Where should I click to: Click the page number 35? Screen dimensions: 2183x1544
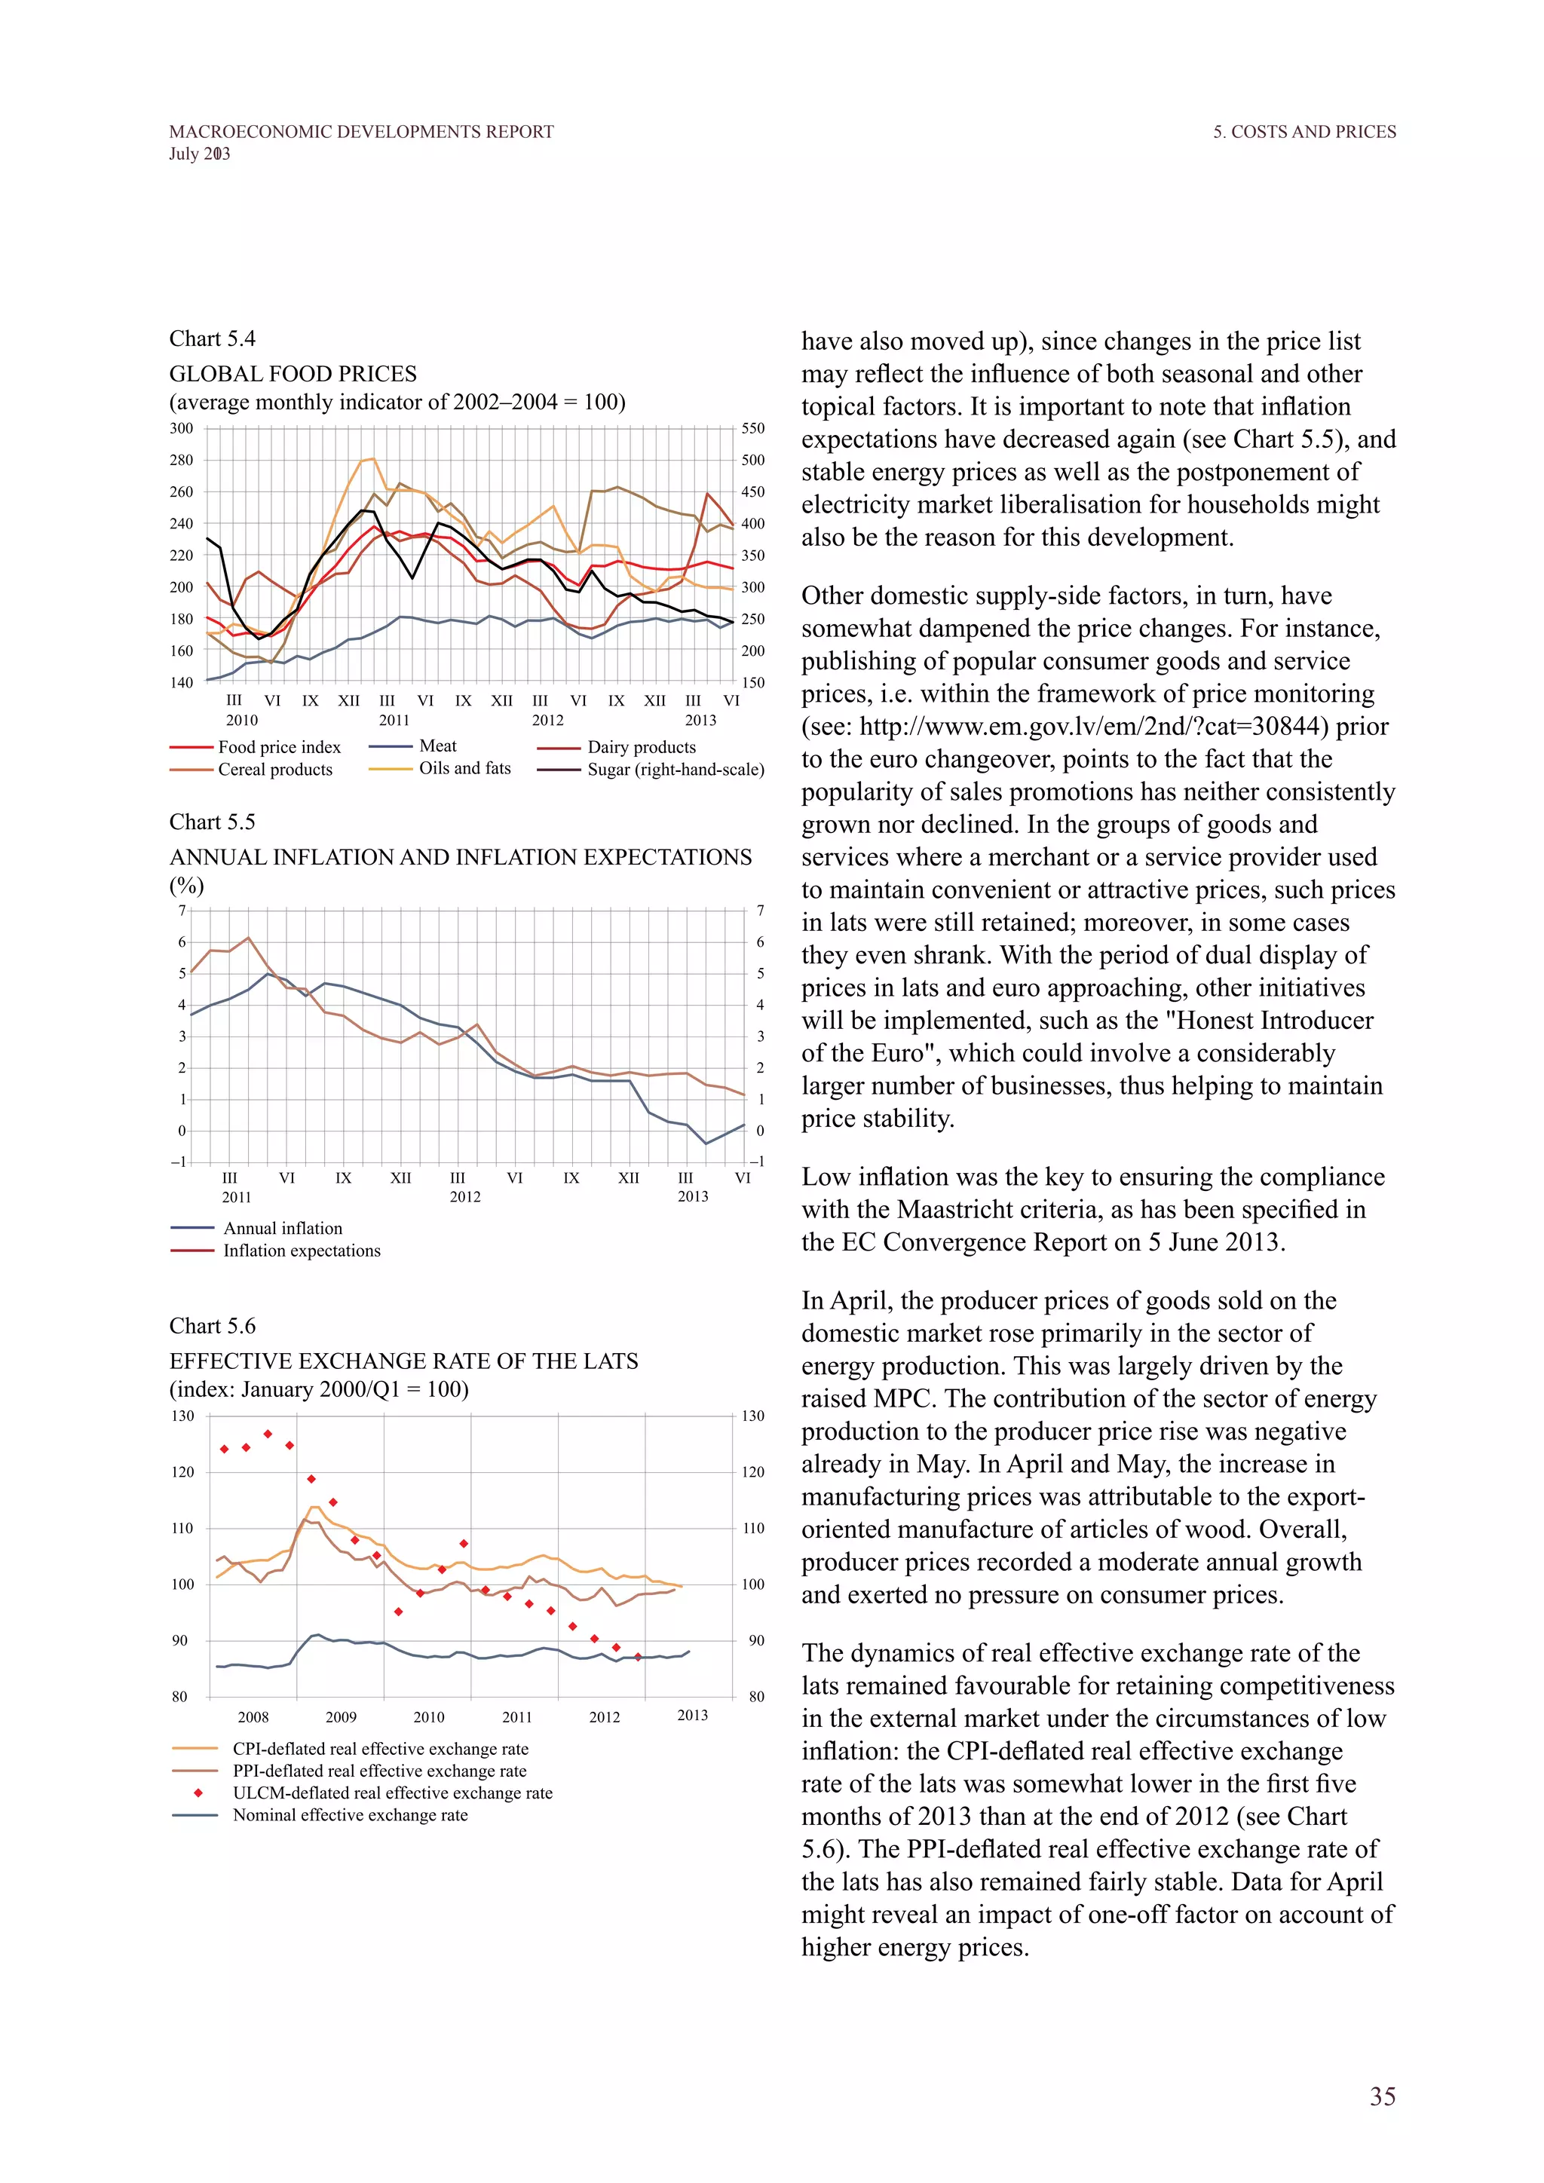(x=1383, y=2096)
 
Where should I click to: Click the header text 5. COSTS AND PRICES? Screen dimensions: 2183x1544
(x=1304, y=132)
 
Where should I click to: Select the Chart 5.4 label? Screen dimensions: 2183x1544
(x=212, y=339)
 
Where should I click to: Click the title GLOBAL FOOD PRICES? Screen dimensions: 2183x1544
(x=293, y=374)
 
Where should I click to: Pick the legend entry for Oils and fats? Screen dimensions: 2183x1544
(x=464, y=768)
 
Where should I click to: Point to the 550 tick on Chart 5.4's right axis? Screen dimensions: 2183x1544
(x=753, y=429)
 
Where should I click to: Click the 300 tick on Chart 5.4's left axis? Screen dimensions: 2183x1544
(x=182, y=429)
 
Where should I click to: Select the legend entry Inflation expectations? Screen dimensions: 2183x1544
(x=302, y=1251)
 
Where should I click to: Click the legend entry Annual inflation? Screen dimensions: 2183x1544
(x=283, y=1229)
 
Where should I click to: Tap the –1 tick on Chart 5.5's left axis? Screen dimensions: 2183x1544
(x=179, y=1162)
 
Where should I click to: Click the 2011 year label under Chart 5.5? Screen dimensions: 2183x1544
(x=237, y=1197)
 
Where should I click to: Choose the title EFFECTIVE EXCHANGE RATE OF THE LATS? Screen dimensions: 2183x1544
(x=403, y=1361)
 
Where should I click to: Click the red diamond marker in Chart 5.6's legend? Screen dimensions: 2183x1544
(x=198, y=1793)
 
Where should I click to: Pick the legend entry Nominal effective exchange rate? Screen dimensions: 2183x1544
(x=350, y=1815)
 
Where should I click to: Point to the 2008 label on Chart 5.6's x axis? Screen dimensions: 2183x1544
(x=253, y=1717)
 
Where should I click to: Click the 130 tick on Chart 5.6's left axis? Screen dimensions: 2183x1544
(x=182, y=1416)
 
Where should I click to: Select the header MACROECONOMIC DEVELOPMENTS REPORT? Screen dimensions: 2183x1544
(x=361, y=132)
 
